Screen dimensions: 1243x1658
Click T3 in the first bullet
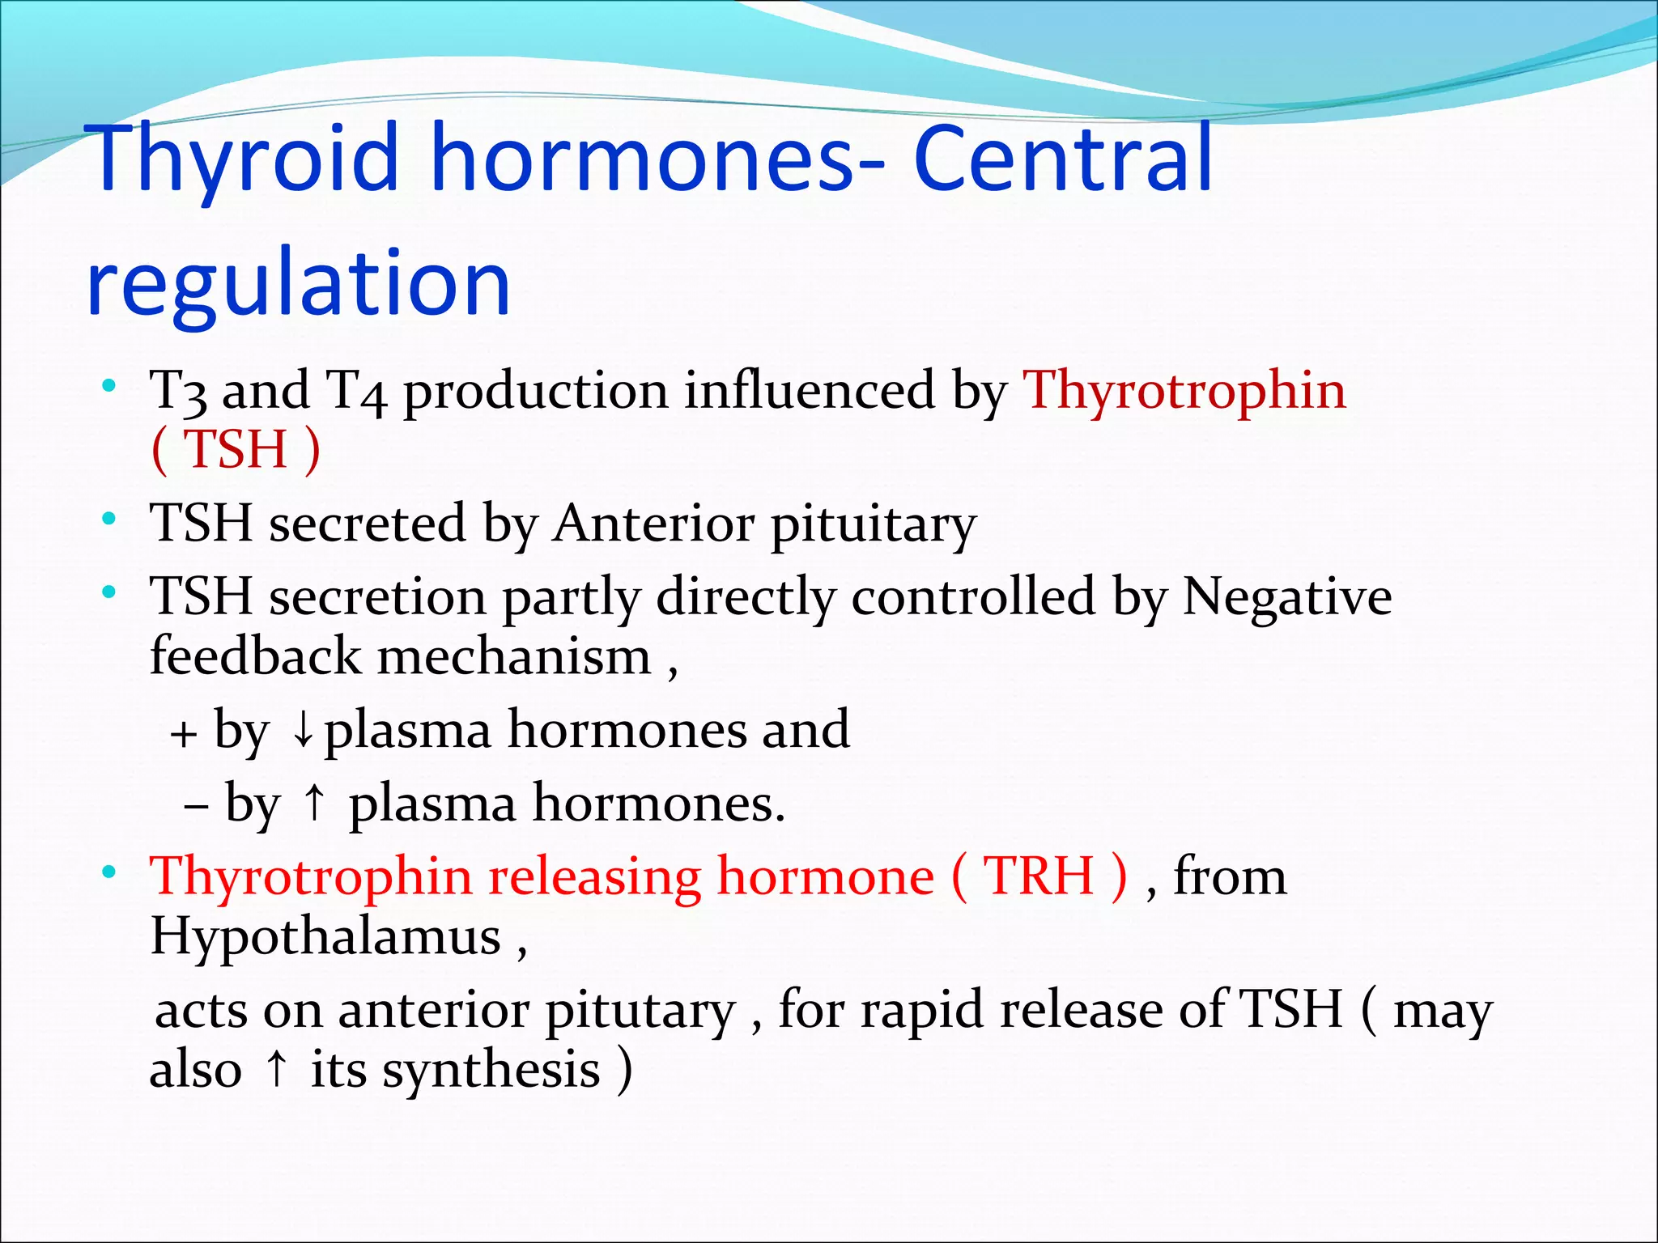pos(178,392)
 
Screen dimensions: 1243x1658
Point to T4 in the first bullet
pos(355,392)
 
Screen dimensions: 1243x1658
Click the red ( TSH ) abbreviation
pos(236,450)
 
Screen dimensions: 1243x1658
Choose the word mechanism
pos(514,657)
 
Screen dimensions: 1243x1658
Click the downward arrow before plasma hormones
pos(303,731)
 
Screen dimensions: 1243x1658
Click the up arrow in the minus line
pos(314,804)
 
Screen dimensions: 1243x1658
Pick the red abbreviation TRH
pos(1039,877)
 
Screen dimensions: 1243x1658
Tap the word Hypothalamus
pos(325,937)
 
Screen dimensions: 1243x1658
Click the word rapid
pos(921,1011)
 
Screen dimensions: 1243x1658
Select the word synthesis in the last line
pos(491,1070)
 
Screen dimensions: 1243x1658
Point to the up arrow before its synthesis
pos(277,1068)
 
